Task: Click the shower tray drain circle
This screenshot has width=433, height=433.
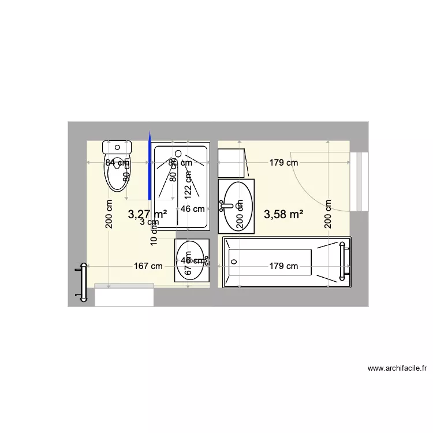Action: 178,154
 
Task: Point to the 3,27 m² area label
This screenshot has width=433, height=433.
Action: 147,215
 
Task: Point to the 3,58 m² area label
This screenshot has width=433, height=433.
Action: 283,215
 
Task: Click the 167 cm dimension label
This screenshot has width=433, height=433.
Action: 148,266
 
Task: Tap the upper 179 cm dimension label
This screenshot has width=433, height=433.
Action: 283,163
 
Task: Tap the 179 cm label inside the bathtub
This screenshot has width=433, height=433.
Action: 283,266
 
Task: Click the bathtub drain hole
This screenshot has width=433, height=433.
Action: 234,262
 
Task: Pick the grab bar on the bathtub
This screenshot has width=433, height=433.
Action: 346,263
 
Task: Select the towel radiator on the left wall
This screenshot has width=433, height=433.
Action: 83,282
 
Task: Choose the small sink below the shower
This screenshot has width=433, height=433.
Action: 192,260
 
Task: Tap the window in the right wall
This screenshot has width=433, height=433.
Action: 362,182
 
